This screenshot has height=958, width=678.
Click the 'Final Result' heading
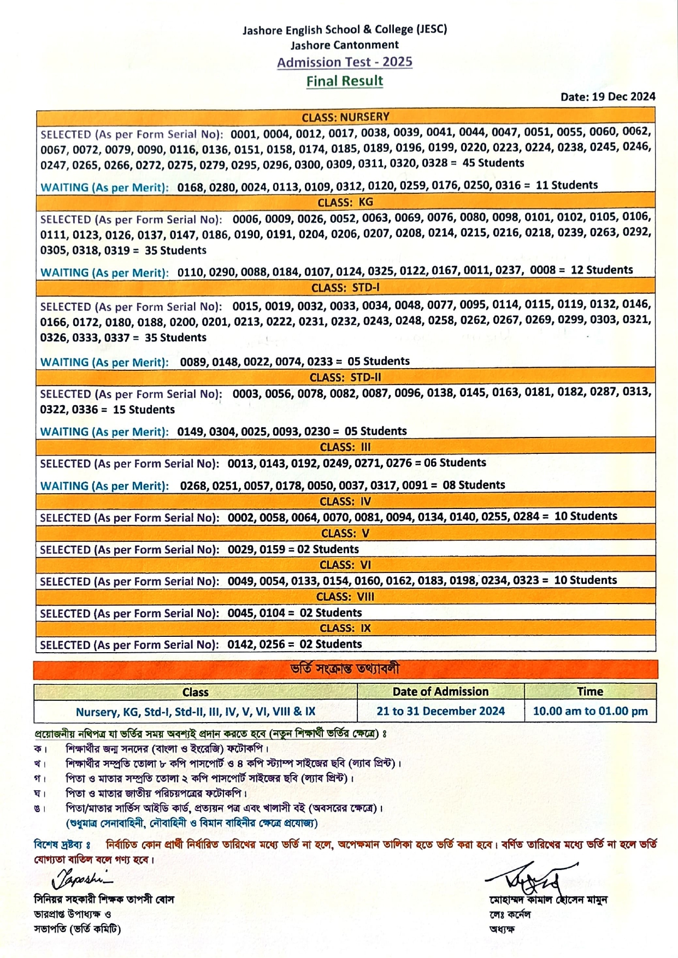(x=345, y=81)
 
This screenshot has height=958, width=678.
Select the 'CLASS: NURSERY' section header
(x=345, y=117)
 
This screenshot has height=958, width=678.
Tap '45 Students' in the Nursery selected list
(x=493, y=163)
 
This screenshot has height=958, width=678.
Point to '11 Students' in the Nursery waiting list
(x=567, y=185)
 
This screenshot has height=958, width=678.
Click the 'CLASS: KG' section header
(x=345, y=203)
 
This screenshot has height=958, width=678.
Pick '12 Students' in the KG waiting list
(x=602, y=270)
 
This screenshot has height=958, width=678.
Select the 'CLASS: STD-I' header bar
(x=345, y=288)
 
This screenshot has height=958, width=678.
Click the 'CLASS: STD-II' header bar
(x=345, y=377)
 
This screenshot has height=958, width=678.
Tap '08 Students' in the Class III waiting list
(x=474, y=485)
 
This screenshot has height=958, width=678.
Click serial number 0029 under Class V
(x=240, y=549)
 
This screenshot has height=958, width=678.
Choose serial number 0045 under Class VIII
(x=240, y=613)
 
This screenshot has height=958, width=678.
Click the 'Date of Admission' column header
(x=440, y=691)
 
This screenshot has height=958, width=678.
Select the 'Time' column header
(x=590, y=691)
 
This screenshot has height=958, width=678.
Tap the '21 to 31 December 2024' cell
(x=440, y=711)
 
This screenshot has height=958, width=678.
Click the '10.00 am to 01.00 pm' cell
(x=590, y=711)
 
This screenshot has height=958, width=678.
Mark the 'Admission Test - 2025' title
(x=345, y=62)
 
